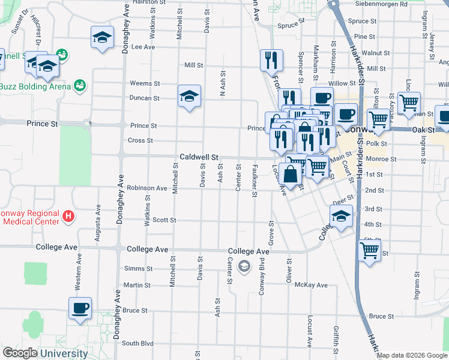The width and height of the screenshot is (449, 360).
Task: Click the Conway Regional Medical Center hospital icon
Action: (69, 216)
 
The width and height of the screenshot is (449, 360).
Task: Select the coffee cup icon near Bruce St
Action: (80, 308)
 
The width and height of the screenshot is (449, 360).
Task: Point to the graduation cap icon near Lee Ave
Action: (103, 38)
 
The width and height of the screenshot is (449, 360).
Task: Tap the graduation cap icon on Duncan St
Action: (189, 96)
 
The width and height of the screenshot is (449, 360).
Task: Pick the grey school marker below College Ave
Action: (244, 266)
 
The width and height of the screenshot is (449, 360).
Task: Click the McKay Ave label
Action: (314, 285)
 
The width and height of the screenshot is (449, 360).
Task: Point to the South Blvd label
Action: (137, 343)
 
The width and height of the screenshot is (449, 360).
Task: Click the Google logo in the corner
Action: (20, 353)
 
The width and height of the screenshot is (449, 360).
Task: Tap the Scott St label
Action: (164, 220)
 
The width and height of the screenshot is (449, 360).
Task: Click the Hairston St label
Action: (148, 2)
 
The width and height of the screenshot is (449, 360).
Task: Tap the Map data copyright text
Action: (412, 355)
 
